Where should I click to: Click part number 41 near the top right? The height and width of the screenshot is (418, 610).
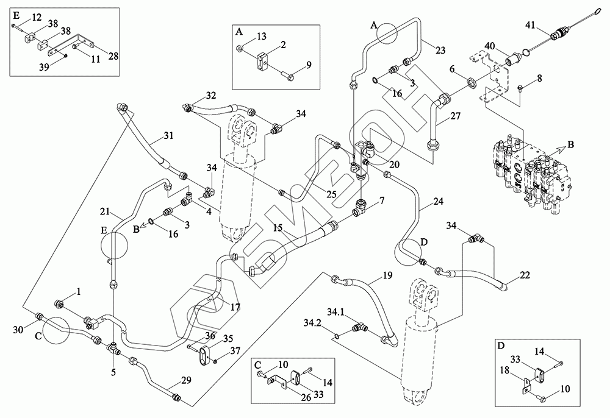(531, 25)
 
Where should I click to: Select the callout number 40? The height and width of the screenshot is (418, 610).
(489, 46)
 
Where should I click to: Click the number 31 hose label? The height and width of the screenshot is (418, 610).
(170, 135)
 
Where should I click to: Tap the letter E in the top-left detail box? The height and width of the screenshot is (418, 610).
(16, 13)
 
